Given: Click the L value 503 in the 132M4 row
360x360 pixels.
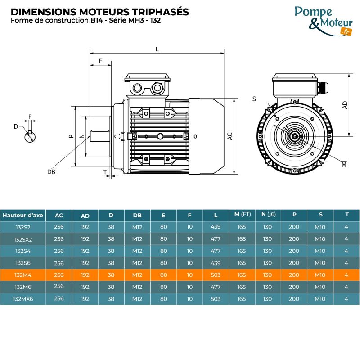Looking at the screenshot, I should point(216,275).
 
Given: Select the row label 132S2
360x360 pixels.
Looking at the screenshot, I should point(23,227).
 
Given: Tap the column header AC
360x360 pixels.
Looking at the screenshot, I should point(59,216).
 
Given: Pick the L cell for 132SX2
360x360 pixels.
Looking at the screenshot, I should point(216,239).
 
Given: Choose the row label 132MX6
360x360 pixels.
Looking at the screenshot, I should point(23,299).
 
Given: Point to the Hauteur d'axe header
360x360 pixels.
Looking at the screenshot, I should point(23,215).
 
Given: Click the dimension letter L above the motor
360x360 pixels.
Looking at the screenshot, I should point(157,49).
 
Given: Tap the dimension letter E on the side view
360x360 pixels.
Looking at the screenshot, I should point(101,61).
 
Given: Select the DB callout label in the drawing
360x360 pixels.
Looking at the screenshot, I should point(51,172).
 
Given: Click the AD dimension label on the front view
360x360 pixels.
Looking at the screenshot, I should point(345,105).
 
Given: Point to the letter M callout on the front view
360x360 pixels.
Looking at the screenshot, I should point(344,165).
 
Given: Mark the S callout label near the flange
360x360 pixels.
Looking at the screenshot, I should point(254,99).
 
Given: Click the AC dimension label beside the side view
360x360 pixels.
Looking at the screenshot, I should point(229,136).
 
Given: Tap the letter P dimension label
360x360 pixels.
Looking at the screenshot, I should point(71,136).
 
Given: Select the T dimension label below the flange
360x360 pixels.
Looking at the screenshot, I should point(105,171).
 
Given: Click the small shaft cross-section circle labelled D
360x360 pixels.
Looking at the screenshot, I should point(30,136).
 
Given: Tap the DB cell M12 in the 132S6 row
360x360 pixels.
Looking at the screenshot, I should point(137,263).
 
